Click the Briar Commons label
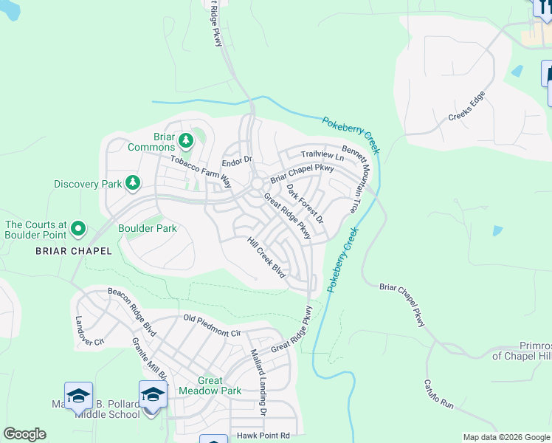tap(151, 141)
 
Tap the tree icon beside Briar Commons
tap(186, 140)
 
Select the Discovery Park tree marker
tap(133, 182)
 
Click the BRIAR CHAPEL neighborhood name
tap(74, 251)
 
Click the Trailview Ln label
tap(322, 157)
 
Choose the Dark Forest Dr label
tap(305, 204)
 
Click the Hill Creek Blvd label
tap(266, 258)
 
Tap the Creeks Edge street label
tap(466, 108)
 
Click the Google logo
tap(24, 434)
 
